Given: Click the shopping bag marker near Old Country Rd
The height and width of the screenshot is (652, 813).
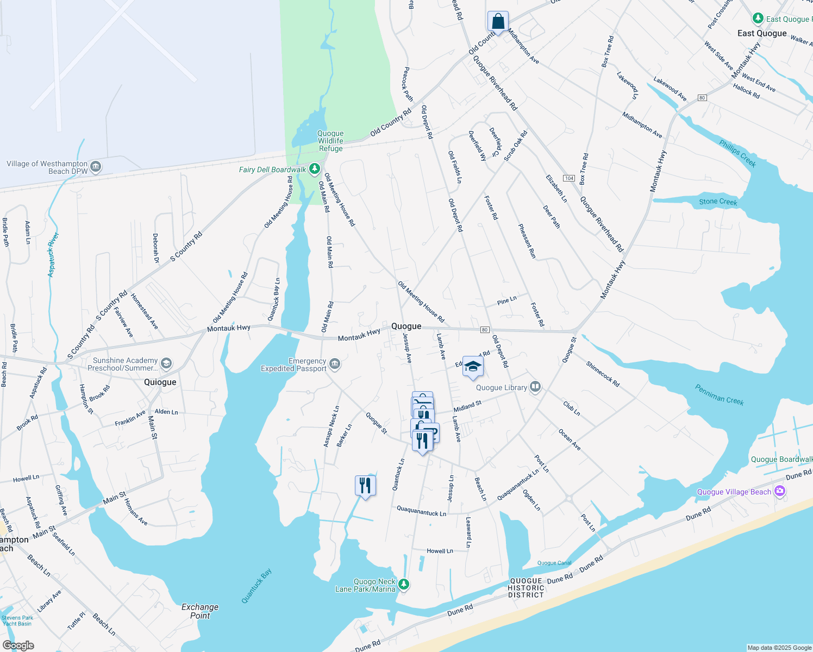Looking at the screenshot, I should [x=498, y=22].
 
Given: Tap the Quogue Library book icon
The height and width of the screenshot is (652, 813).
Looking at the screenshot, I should [x=535, y=387].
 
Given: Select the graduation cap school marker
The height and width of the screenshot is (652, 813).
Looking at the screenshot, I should [x=473, y=367].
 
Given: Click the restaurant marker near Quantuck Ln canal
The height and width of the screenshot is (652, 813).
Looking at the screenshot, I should [x=365, y=485].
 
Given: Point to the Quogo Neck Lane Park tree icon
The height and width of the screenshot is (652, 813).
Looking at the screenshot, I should [x=403, y=585].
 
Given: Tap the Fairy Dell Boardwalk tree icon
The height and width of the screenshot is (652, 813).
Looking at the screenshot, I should [x=314, y=170].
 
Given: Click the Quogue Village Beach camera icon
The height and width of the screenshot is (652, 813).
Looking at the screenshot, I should [x=780, y=491].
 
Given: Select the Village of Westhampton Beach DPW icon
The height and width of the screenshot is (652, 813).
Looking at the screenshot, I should [x=96, y=167].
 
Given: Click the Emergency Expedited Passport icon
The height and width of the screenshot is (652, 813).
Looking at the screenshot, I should [x=335, y=364].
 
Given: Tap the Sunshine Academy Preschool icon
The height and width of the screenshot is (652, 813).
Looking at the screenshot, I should [x=166, y=363].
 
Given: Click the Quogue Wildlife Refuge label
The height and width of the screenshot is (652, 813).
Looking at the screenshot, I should [x=330, y=141].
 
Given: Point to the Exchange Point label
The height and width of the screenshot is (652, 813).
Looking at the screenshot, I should [x=200, y=611].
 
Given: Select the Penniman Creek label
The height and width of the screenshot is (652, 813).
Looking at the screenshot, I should [x=719, y=394].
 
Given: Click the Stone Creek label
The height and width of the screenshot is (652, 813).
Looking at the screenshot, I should [x=718, y=202].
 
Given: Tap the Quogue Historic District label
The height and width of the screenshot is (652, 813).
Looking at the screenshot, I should [x=526, y=588].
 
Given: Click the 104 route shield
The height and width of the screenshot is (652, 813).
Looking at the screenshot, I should [x=568, y=178].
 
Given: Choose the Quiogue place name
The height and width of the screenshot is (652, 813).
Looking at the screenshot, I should [x=160, y=382].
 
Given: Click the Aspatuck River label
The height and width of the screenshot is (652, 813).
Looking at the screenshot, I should [x=53, y=255].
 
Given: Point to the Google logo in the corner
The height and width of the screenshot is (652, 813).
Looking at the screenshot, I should [x=18, y=645].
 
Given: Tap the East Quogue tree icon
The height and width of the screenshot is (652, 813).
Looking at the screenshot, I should [x=758, y=18].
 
